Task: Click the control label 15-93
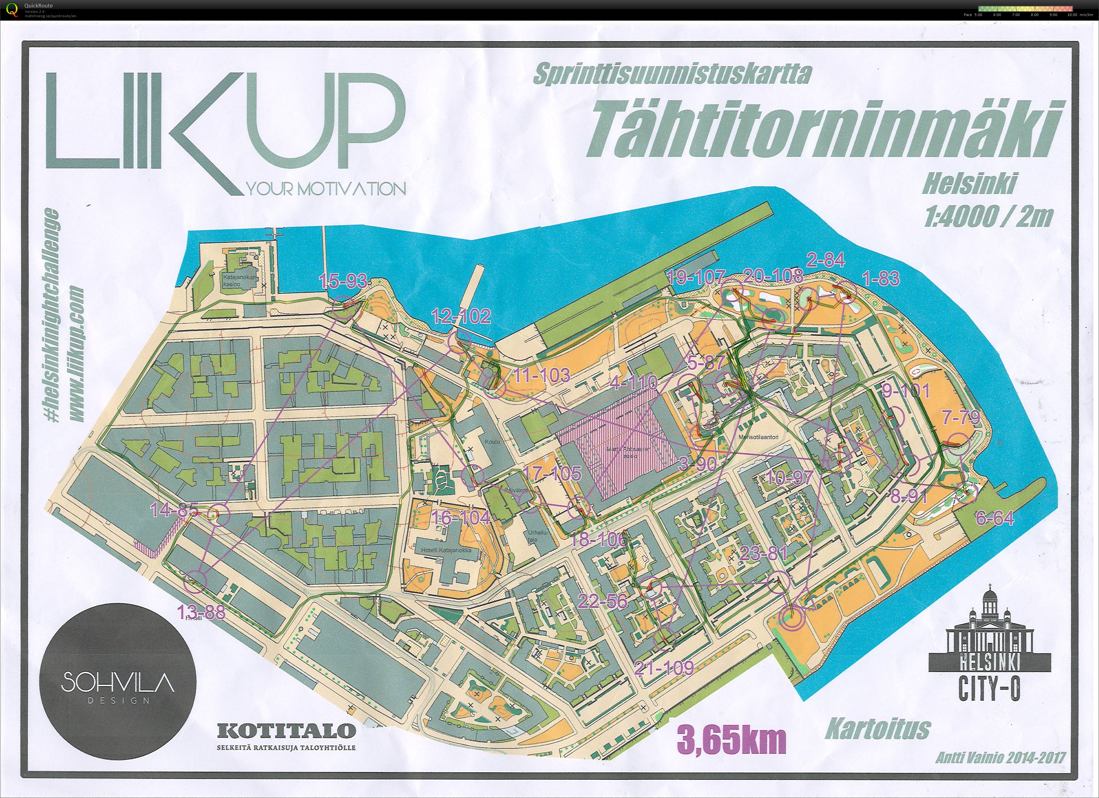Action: click(x=342, y=280)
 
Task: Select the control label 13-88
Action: click(x=201, y=613)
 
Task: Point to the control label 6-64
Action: click(x=994, y=518)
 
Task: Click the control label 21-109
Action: click(x=664, y=668)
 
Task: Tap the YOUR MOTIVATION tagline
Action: click(x=326, y=189)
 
